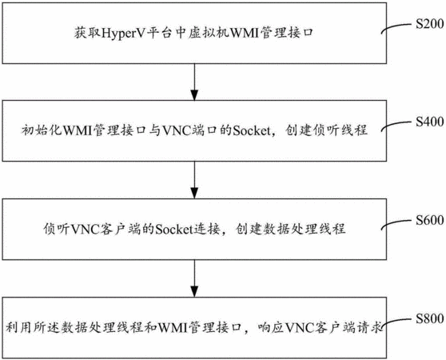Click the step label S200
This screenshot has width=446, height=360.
tap(430, 24)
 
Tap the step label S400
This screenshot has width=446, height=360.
tap(430, 122)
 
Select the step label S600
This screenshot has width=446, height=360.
tap(430, 220)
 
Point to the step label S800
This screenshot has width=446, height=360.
tap(430, 318)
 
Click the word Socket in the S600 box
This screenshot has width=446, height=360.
tap(174, 229)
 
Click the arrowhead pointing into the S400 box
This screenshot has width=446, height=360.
tap(194, 95)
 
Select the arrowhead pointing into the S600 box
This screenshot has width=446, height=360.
tap(194, 194)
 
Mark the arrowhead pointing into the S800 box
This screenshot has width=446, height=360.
tap(194, 292)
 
